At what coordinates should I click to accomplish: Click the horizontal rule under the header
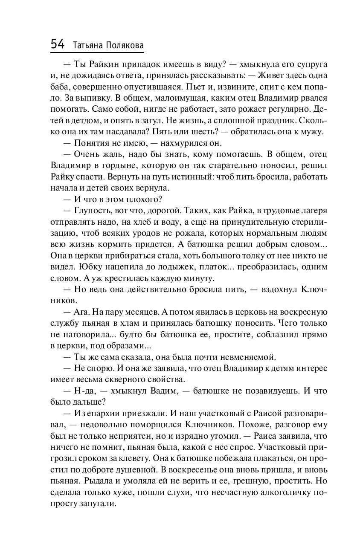click(x=97, y=53)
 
